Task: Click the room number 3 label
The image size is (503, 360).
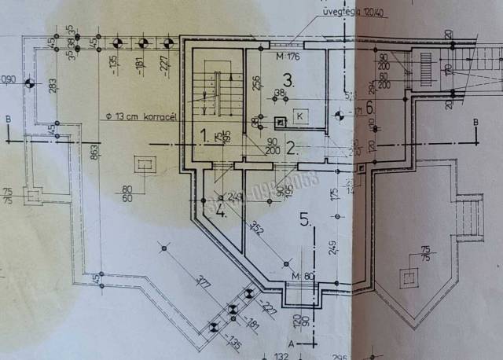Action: [x=288, y=80]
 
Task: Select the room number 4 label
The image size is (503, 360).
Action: [x=221, y=211]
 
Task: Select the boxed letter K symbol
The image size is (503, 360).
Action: [x=299, y=116]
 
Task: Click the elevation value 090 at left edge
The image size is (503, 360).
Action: [x=9, y=79]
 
